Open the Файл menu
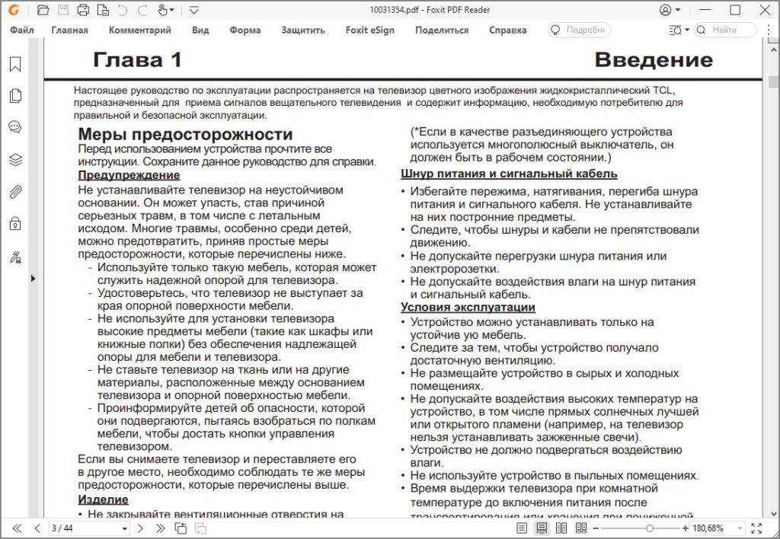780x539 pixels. pyautogui.click(x=22, y=30)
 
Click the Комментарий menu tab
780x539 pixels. pyautogui.click(x=139, y=30)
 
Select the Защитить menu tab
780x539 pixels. pyautogui.click(x=302, y=30)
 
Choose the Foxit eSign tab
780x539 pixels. pyautogui.click(x=369, y=30)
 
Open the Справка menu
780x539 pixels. pyautogui.click(x=507, y=30)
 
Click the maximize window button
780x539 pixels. pyautogui.click(x=735, y=10)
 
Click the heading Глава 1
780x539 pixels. pyautogui.click(x=137, y=60)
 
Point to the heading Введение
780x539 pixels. pyautogui.click(x=653, y=60)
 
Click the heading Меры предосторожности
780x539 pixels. pyautogui.click(x=185, y=135)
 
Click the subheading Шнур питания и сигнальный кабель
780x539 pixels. pyautogui.click(x=509, y=174)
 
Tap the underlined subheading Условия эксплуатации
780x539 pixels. pyautogui.click(x=468, y=308)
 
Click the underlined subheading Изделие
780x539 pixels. pyautogui.click(x=103, y=499)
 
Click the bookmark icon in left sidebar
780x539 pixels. pyautogui.click(x=14, y=65)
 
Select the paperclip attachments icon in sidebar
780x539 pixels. pyautogui.click(x=14, y=192)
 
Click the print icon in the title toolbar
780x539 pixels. pyautogui.click(x=83, y=10)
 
